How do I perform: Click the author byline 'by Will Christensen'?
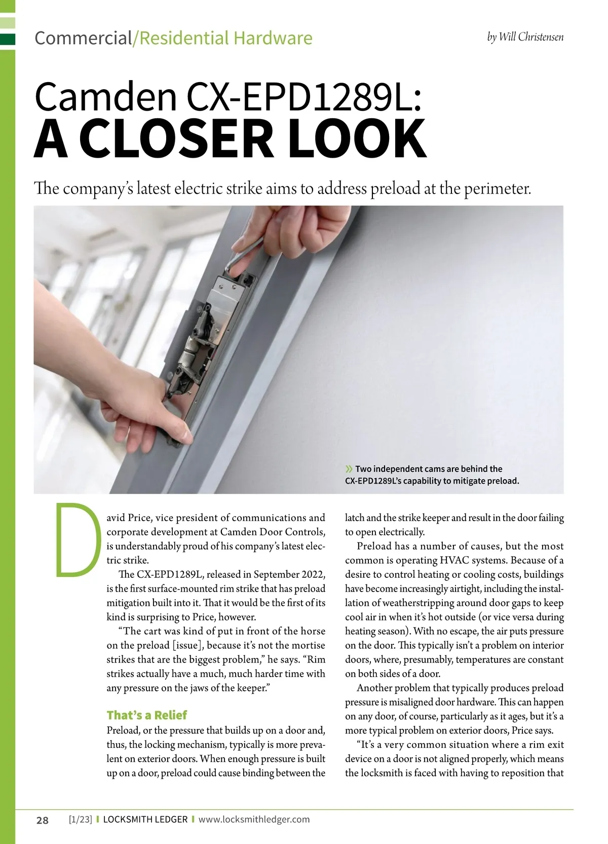tap(525, 37)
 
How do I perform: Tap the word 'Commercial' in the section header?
tap(83, 38)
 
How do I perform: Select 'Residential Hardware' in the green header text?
tap(225, 38)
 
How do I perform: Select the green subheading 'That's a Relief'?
tap(146, 715)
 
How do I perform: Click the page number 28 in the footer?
tap(43, 820)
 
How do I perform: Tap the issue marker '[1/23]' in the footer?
tap(80, 819)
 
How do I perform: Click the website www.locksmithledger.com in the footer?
tap(254, 819)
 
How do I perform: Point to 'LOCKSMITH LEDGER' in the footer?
tap(145, 819)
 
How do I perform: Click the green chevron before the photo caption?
tap(349, 468)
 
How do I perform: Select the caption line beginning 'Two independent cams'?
tap(428, 469)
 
